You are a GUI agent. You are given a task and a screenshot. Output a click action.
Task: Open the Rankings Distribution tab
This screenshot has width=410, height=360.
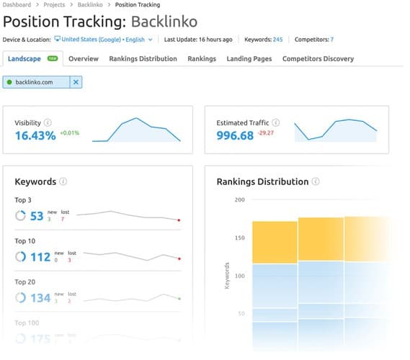(x=143, y=58)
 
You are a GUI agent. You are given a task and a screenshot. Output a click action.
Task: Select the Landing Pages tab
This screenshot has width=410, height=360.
(x=249, y=58)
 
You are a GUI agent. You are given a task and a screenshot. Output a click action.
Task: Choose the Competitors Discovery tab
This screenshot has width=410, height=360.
(x=318, y=58)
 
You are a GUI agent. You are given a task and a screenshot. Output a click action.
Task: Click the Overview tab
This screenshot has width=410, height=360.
(x=84, y=58)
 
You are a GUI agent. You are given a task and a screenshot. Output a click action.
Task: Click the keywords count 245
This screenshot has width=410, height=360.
(x=277, y=39)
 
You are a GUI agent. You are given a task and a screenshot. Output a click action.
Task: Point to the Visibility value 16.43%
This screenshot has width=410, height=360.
(x=35, y=135)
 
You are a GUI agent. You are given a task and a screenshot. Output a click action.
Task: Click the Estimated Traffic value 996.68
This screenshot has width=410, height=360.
(x=235, y=135)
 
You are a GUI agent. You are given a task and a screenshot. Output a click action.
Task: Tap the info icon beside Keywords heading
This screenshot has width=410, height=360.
(x=63, y=182)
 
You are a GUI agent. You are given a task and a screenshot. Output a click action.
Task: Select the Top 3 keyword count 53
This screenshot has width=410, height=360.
(x=37, y=215)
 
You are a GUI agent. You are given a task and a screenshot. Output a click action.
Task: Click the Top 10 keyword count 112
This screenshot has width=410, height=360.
(x=40, y=257)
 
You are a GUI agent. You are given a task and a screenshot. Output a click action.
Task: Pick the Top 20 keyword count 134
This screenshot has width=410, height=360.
(x=40, y=298)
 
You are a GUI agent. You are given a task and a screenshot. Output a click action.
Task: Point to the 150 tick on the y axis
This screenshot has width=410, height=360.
(x=239, y=238)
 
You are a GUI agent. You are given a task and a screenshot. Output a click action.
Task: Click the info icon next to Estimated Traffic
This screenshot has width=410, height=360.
(x=276, y=123)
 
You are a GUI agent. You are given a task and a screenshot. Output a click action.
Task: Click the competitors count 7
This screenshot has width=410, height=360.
(x=331, y=39)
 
